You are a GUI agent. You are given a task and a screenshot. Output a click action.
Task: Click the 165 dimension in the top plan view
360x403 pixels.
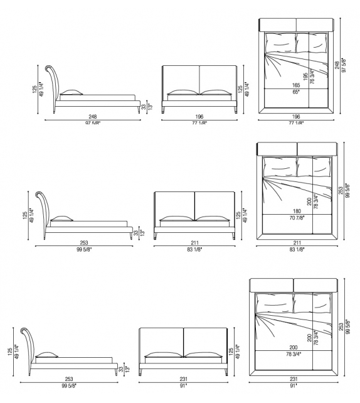tap(295, 85)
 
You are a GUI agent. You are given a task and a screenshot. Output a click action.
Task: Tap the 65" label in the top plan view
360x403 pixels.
tap(295, 92)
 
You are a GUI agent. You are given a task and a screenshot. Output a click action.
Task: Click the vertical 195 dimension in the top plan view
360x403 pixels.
tap(306, 75)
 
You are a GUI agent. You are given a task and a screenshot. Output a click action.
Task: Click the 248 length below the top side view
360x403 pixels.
tap(92, 117)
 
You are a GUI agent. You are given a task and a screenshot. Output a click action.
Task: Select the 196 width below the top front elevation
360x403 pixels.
tap(199, 117)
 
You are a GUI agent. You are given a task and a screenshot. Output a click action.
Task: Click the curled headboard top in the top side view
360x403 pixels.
tap(50, 68)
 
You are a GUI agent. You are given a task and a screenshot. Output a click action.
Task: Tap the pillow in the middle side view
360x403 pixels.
tap(62, 218)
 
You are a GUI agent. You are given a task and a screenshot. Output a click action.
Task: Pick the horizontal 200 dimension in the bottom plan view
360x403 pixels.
tap(293, 347)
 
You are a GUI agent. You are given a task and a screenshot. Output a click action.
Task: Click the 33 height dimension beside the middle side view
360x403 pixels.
tap(135, 232)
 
